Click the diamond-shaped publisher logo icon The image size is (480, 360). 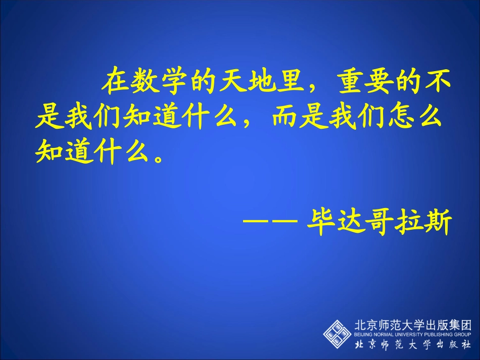click(x=337, y=333)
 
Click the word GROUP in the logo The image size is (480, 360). click(x=462, y=335)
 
